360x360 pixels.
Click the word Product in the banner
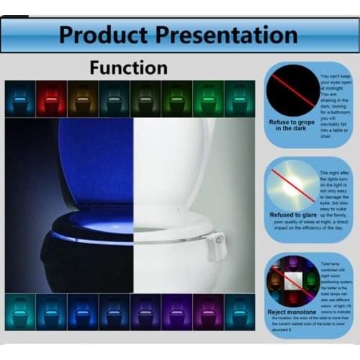coord(104,34)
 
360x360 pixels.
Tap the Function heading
coord(129,68)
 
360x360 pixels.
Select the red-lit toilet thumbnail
coord(51,98)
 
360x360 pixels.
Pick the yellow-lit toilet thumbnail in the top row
coord(82,98)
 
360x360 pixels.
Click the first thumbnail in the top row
coord(20,98)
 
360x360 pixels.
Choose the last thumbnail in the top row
coord(239,98)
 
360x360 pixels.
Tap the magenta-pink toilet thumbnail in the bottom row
coord(207,311)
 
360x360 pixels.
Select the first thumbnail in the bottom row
coord(20,311)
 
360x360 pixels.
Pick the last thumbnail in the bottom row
coord(239,311)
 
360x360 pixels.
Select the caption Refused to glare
coord(291,215)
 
